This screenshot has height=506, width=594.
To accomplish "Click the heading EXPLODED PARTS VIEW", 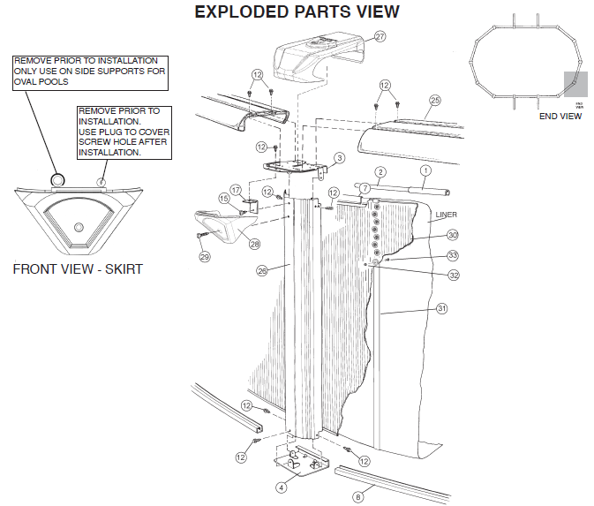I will [x=297, y=11].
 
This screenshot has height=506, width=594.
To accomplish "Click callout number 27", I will [x=380, y=37].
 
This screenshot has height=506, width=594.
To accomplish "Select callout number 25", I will [x=434, y=101].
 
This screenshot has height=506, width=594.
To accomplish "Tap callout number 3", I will [x=338, y=158].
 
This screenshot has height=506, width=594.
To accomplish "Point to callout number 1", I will [x=425, y=170].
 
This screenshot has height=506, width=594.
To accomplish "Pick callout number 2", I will [x=380, y=171].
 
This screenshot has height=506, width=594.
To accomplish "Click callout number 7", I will [x=363, y=187].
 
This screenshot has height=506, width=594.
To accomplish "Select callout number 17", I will [x=236, y=190].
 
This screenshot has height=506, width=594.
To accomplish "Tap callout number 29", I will [x=205, y=257].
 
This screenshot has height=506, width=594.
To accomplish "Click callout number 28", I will [x=254, y=244].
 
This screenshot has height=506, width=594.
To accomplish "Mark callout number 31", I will [x=442, y=308].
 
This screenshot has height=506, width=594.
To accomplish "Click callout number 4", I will [x=281, y=487].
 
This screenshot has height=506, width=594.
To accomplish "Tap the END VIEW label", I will [x=560, y=116].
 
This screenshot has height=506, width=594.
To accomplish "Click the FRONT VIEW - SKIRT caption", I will [x=77, y=268].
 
